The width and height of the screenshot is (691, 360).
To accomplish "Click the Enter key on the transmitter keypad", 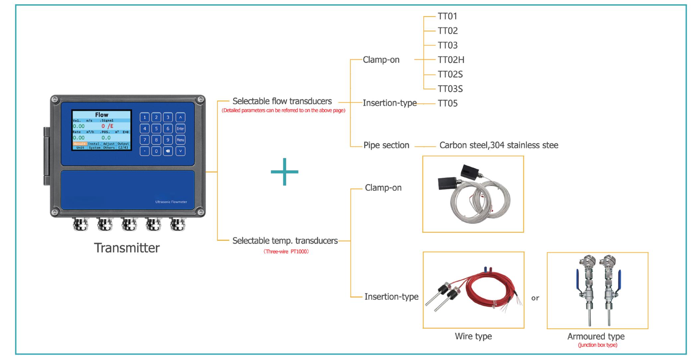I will click(x=180, y=129).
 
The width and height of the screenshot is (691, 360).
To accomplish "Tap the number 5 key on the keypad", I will click(x=156, y=129).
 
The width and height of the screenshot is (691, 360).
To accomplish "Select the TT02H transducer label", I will click(x=451, y=60).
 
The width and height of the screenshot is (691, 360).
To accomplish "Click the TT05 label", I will click(x=448, y=104).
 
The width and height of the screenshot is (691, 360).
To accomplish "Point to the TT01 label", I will click(x=447, y=16).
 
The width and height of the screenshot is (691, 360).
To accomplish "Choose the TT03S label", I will click(x=450, y=89).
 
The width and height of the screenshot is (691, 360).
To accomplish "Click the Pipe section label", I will click(x=386, y=145).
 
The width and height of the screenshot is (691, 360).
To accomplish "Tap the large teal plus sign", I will click(x=284, y=172).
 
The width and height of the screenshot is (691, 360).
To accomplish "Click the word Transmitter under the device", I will click(x=127, y=248).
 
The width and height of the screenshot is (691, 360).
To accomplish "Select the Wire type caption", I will click(x=473, y=336).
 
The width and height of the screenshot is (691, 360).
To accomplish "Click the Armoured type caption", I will click(x=596, y=336).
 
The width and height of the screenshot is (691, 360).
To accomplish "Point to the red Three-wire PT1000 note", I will click(x=286, y=252).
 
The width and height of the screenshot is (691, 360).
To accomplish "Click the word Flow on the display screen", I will click(x=102, y=114).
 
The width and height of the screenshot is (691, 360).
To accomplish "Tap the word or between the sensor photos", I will click(x=535, y=298).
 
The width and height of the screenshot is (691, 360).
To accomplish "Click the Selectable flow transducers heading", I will click(x=282, y=101).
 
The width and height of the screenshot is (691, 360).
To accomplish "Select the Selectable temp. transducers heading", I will click(x=285, y=241).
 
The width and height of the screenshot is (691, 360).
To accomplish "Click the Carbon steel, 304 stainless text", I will click(x=499, y=145).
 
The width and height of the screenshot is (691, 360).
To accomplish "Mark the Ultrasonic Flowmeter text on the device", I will click(x=171, y=202).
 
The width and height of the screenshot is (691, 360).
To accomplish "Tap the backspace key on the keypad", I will click(x=168, y=151).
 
